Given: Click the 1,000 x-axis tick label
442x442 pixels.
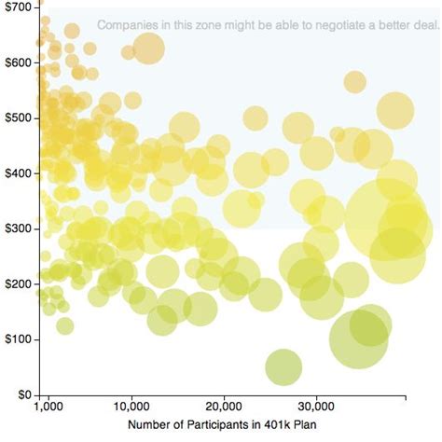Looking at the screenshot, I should coord(48,407).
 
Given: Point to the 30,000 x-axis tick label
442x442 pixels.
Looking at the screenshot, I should coord(317,407).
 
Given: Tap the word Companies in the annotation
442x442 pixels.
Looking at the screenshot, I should coord(126,25).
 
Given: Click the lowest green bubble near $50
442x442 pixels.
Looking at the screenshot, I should coord(283,367).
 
